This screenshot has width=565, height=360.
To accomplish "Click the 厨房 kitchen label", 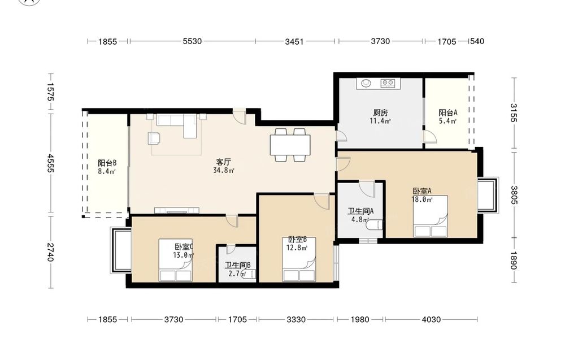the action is pyautogui.click(x=380, y=112).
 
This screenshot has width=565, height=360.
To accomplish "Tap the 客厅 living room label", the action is pyautogui.click(x=223, y=162).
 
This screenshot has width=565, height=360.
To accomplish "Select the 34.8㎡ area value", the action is pyautogui.click(x=224, y=171).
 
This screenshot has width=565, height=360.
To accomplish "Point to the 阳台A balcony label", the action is pyautogui.click(x=448, y=112).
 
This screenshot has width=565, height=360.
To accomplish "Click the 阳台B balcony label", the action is pyautogui.click(x=107, y=163).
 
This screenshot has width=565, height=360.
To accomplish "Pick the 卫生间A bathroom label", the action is pyautogui.click(x=360, y=211).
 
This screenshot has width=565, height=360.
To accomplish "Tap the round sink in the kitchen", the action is pyautogui.click(x=366, y=83).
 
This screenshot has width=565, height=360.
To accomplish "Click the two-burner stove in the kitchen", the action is pyautogui.click(x=388, y=83).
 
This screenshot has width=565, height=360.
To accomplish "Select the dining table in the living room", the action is pyautogui.click(x=290, y=145).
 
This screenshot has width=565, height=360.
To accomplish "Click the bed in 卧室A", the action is pyautogui.click(x=431, y=216).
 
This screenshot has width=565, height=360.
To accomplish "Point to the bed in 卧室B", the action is pyautogui.click(x=299, y=259).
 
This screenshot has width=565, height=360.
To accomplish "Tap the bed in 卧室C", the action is pyautogui.click(x=176, y=260).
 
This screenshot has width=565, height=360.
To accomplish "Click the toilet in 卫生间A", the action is pyautogui.click(x=374, y=225).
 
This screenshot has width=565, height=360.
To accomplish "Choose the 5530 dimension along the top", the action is pyautogui.click(x=192, y=41).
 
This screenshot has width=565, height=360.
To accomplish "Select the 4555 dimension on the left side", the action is pyautogui.click(x=50, y=163).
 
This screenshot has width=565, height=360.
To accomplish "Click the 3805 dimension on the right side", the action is pyautogui.click(x=514, y=195).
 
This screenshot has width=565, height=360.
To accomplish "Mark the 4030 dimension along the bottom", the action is pyautogui.click(x=431, y=319).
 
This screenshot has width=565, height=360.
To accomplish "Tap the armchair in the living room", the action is pyautogui.click(x=154, y=138).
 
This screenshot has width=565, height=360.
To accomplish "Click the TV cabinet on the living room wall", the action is pyautogui.click(x=177, y=210).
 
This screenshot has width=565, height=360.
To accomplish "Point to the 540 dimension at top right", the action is pyautogui.click(x=477, y=41).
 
